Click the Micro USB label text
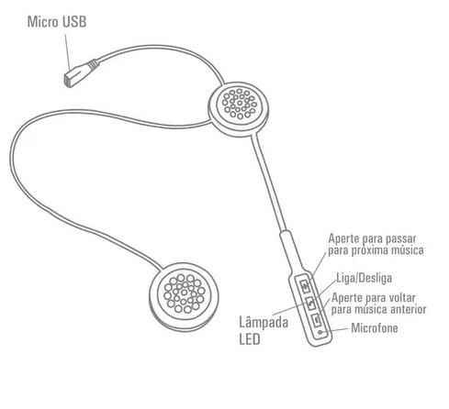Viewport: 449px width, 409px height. coord(57,22)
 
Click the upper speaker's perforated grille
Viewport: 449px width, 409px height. coord(240,104)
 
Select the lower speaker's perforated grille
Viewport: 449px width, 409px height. coord(184,293)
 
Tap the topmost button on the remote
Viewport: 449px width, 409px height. coord(305,286)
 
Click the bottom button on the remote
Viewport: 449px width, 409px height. coord(317,320)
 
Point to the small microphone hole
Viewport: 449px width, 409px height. coord(320,332)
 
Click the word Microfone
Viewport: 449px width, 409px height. coord(375,328)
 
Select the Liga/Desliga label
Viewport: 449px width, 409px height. coord(365,278)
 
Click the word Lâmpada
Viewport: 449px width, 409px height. coord(264,323)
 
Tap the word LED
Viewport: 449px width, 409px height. coord(250,339)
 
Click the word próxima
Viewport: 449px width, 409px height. coord(370,250)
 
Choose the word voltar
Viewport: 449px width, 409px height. coord(401,297)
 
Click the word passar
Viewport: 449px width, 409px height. coord(400,239)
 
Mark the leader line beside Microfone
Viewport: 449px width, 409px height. coord(336,330)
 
